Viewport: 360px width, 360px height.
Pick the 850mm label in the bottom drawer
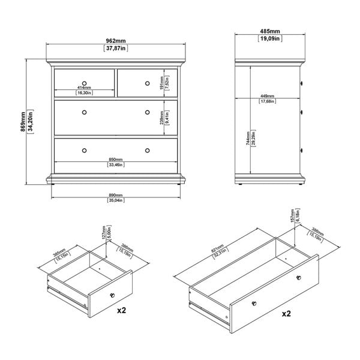coord(116,159)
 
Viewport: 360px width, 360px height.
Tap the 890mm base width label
coord(116,196)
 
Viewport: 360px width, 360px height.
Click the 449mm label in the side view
coord(268,95)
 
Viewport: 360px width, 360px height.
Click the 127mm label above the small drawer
coord(103,232)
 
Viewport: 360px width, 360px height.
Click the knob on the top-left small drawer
coord(84,82)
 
